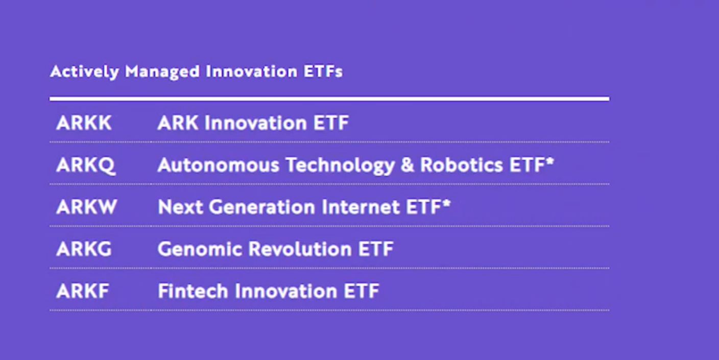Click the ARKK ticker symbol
(84, 123)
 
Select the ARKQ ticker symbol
(86, 165)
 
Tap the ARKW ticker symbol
(86, 207)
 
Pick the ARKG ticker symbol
(84, 249)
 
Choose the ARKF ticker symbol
(83, 291)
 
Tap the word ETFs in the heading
(323, 71)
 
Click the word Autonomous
(218, 165)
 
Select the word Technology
(340, 166)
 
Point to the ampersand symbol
(408, 165)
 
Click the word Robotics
(462, 165)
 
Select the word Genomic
(200, 249)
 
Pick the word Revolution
(300, 249)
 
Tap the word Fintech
(193, 291)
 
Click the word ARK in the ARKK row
(178, 123)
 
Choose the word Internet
(361, 207)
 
